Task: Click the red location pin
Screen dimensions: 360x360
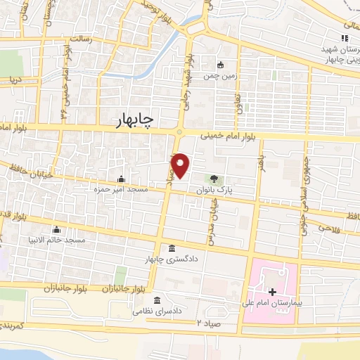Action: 181,165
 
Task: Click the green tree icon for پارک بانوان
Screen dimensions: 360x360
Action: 214,178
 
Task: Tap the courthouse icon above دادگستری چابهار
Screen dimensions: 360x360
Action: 172,248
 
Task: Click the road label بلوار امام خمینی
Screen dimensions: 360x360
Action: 226,137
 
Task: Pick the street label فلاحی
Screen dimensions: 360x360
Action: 328,229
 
